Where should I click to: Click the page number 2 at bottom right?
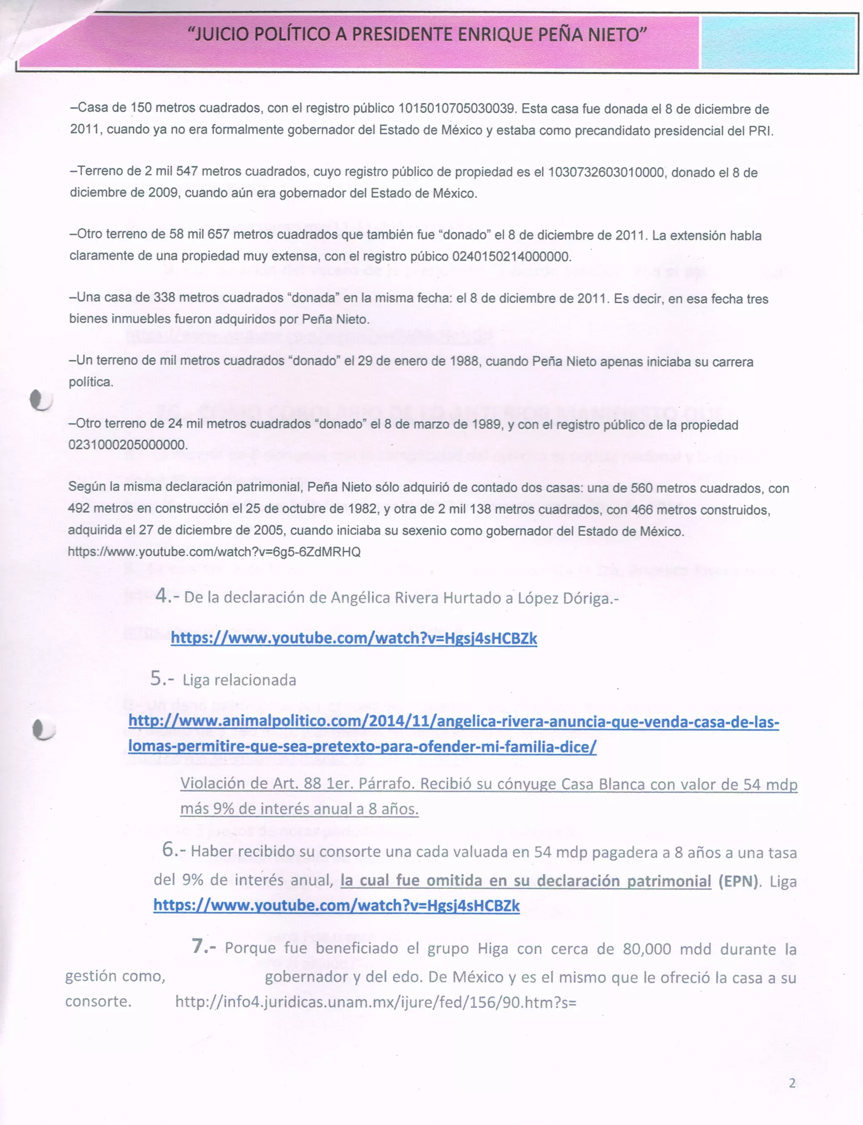point(792,1083)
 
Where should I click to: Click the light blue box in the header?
point(778,42)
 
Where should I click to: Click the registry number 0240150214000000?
point(511,256)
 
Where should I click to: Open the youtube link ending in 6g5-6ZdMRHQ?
point(214,552)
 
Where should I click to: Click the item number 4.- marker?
point(167,596)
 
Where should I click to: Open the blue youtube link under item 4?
point(354,638)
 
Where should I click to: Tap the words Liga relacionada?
point(239,680)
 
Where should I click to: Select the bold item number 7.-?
point(204,946)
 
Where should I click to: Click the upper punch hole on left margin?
point(41,400)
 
